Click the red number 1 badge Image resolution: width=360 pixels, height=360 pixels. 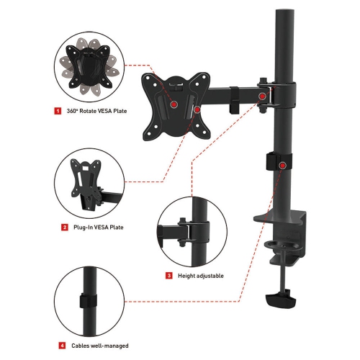coord(57,112)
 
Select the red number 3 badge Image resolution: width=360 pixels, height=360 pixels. coord(168,275)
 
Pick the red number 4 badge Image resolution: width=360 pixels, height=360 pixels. coord(63,346)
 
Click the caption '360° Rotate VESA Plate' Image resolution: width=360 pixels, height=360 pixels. coord(92,112)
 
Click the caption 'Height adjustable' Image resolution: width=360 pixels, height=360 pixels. coord(200,275)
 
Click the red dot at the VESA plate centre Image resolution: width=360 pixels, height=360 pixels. coord(174,105)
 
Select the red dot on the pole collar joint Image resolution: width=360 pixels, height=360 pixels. coord(264,95)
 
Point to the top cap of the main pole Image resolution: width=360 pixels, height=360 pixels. coord(278,9)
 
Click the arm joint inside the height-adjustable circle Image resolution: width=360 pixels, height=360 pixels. coord(189,230)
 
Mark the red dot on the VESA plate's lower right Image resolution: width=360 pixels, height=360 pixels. coord(197,111)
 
